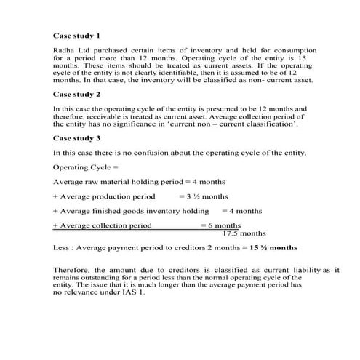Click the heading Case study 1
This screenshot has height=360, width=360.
click(x=76, y=35)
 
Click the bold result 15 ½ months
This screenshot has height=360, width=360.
click(x=273, y=248)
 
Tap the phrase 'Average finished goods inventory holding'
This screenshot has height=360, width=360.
click(x=134, y=211)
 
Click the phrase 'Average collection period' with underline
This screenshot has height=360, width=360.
click(x=105, y=225)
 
